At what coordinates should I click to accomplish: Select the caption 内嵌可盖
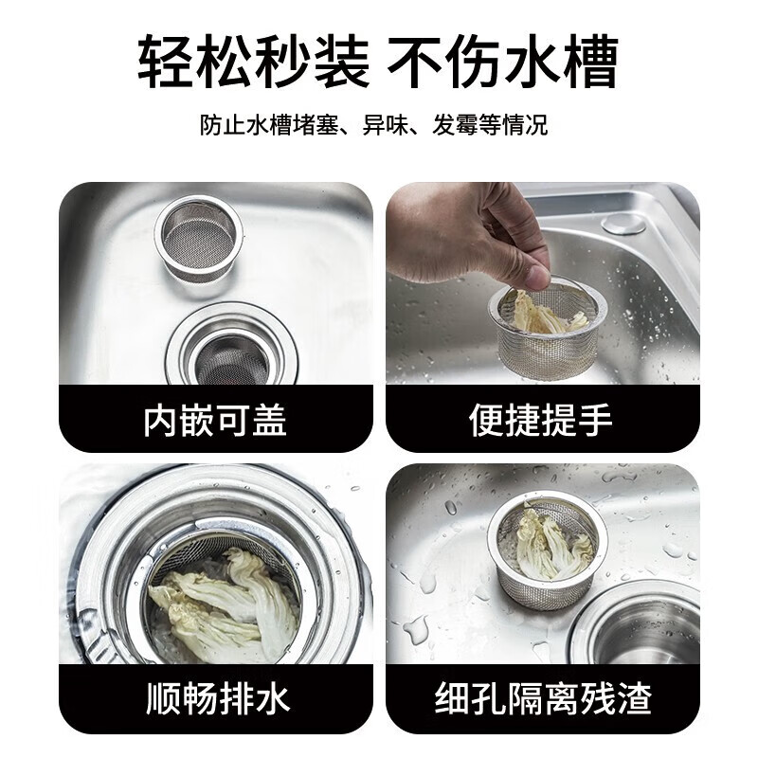(215, 419)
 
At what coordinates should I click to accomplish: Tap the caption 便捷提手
(541, 419)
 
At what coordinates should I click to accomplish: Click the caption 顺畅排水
(217, 699)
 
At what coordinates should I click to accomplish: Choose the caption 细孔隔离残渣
(543, 699)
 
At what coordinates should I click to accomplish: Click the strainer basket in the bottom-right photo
(547, 550)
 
